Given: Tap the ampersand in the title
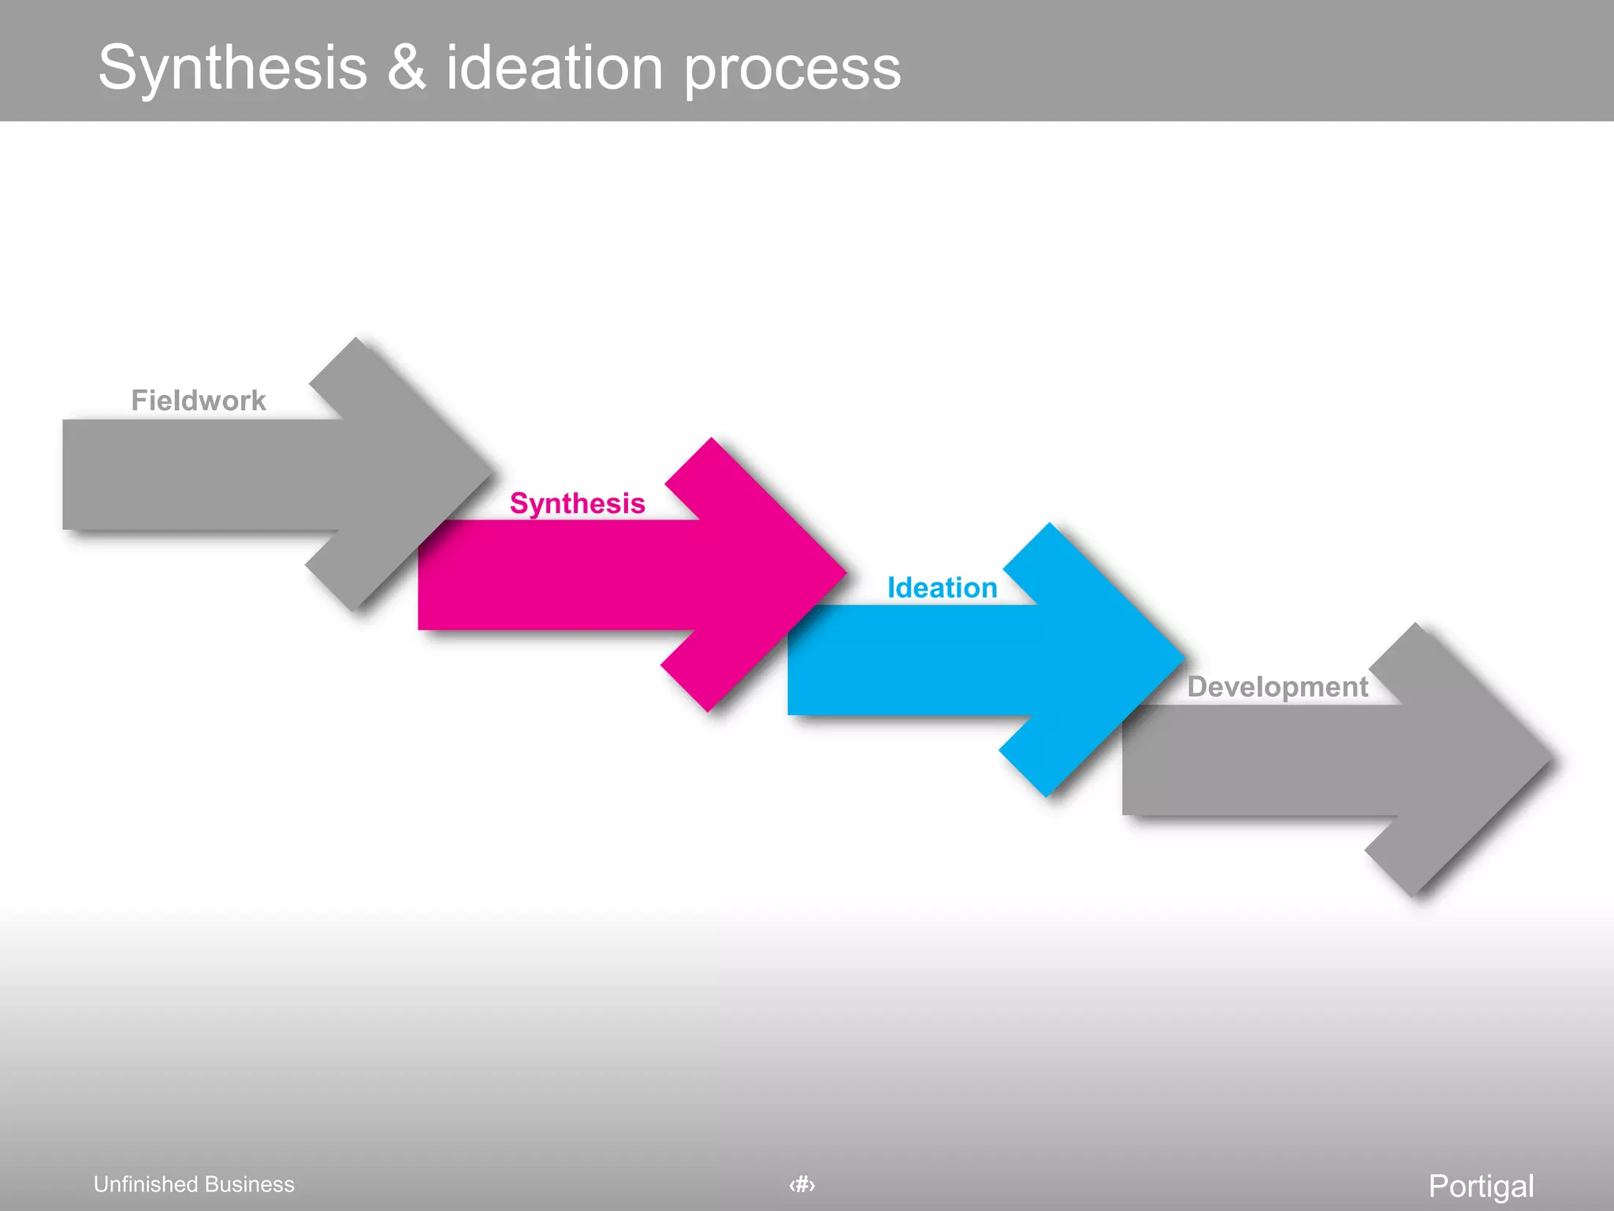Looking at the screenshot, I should pyautogui.click(x=407, y=68).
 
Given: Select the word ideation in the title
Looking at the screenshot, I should pyautogui.click(x=554, y=68).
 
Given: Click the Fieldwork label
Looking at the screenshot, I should pyautogui.click(x=199, y=401).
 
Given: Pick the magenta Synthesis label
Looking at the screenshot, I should pyautogui.click(x=578, y=503).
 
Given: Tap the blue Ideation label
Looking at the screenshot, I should pyautogui.click(x=942, y=588).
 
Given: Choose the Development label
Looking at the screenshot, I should pyautogui.click(x=1277, y=687).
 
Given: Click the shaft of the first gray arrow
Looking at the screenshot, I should pyautogui.click(x=197, y=475).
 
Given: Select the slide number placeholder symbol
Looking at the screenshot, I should pyautogui.click(x=802, y=1184).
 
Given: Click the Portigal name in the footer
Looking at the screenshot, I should pyautogui.click(x=1481, y=1186).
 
